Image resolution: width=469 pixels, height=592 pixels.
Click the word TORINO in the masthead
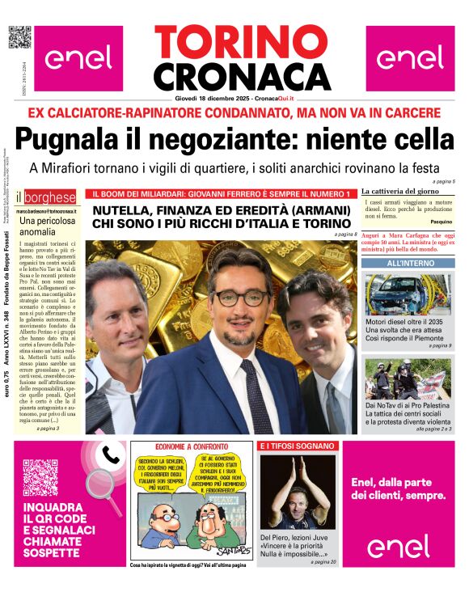(x=234, y=41)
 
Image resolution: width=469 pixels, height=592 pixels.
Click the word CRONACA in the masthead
(x=234, y=76)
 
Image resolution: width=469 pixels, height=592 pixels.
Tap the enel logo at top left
(x=78, y=58)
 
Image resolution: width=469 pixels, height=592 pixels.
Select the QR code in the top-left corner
(x=19, y=37)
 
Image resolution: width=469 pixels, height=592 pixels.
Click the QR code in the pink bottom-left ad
(x=40, y=476)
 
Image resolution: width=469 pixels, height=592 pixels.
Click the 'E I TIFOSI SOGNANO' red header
(x=298, y=446)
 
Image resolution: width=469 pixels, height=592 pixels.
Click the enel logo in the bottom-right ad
(x=399, y=547)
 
